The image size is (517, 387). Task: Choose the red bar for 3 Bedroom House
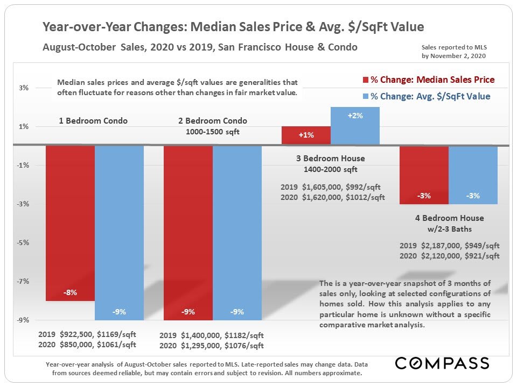[306, 135]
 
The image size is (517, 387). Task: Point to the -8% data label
[70, 293]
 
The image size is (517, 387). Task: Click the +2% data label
[355, 116]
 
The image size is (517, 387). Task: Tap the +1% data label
[306, 135]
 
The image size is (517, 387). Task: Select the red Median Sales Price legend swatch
[365, 80]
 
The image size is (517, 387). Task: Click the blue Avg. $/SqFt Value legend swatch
[365, 97]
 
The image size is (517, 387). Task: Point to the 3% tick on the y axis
[24, 88]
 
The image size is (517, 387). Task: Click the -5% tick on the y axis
[24, 242]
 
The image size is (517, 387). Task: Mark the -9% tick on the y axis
[24, 320]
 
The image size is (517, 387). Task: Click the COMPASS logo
[442, 363]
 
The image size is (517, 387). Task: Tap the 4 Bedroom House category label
[449, 218]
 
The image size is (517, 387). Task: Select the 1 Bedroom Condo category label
[93, 121]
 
